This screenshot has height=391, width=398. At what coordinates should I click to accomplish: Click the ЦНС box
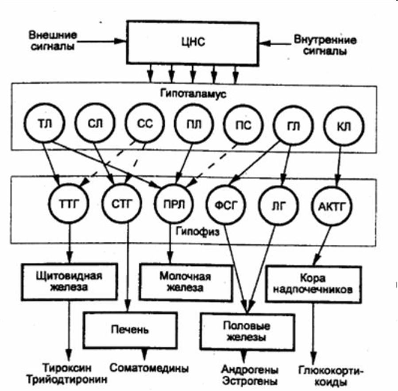193,43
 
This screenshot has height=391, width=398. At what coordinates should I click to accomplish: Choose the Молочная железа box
185,282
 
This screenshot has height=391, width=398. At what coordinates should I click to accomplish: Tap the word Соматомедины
149,368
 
